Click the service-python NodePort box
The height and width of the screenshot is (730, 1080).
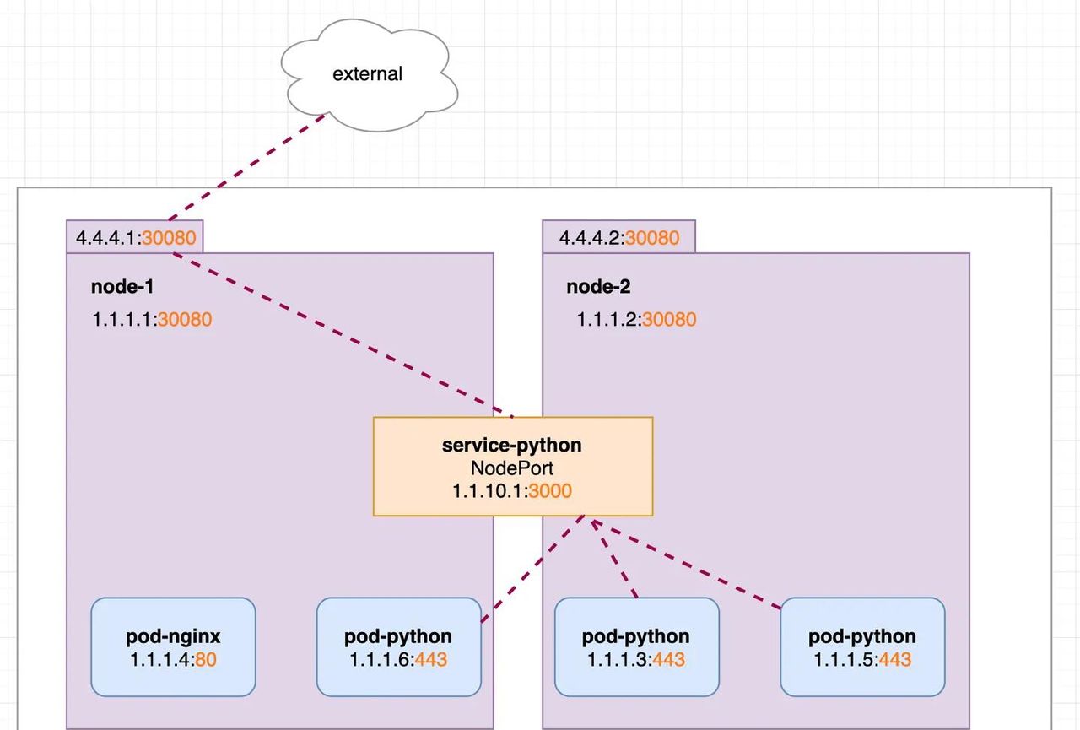(x=512, y=466)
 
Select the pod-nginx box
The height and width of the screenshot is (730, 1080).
(x=173, y=647)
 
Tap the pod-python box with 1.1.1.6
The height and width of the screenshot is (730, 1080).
(x=398, y=647)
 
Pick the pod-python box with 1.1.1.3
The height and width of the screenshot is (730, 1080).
(x=636, y=647)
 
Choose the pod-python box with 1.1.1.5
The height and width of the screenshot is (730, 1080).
(x=862, y=647)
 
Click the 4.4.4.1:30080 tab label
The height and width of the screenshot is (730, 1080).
(x=135, y=237)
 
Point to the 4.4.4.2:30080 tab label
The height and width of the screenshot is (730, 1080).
(x=618, y=237)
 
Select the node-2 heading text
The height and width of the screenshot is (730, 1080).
(x=598, y=286)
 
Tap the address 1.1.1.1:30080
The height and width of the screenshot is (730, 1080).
(x=152, y=319)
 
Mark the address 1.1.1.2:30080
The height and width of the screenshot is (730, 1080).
(x=636, y=319)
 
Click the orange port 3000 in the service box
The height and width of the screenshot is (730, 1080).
(x=550, y=490)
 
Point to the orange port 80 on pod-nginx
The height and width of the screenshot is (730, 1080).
(x=206, y=659)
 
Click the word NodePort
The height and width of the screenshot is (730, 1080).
(x=511, y=467)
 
